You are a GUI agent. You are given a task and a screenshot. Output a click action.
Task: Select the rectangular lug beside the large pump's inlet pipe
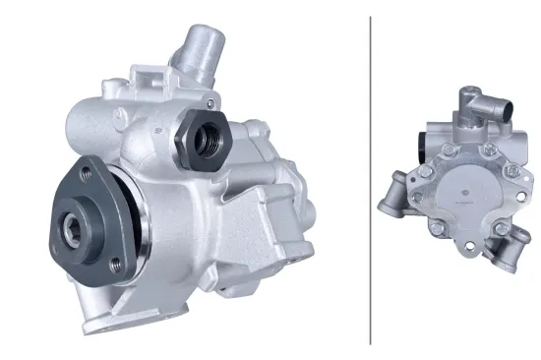(148, 79)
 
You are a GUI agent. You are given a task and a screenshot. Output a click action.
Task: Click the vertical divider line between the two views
(370, 177)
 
